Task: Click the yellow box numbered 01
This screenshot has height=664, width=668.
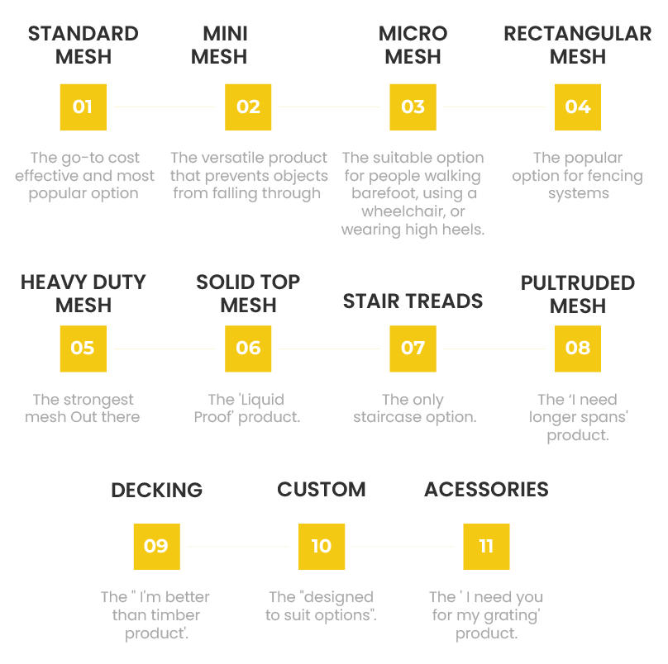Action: click(83, 107)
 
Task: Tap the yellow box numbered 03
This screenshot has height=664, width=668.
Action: click(413, 107)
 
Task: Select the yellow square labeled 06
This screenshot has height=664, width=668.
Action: click(248, 348)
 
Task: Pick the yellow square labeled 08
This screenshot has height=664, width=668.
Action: click(577, 348)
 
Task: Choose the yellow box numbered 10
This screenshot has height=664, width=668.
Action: click(321, 546)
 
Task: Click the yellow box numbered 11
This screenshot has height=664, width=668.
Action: click(485, 546)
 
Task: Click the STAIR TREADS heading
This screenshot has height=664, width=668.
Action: click(413, 301)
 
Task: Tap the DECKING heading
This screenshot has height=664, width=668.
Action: click(156, 489)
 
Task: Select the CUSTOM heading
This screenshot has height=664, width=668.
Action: click(321, 489)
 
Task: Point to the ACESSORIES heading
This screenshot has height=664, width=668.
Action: click(486, 489)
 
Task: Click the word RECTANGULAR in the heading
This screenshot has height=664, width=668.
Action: click(577, 34)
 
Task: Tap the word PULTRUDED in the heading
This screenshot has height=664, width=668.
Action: click(577, 283)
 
